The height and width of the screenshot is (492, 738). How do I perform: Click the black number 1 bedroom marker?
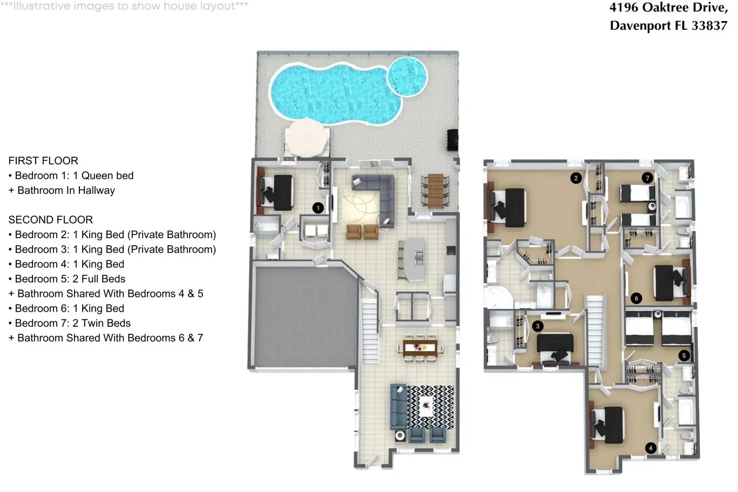318,208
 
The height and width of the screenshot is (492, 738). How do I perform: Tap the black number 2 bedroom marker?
576,178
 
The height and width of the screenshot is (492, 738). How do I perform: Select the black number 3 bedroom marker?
538,326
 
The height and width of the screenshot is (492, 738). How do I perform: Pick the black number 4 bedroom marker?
650,448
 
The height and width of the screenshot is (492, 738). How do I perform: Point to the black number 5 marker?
684,355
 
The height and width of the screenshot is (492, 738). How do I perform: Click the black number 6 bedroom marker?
636,298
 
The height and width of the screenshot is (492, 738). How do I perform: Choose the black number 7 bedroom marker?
647,178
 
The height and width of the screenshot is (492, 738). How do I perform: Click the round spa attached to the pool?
407,77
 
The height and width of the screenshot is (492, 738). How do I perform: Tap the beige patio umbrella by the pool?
307,138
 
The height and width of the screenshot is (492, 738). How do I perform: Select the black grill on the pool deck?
452,140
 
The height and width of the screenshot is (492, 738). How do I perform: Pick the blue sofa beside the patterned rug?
399,407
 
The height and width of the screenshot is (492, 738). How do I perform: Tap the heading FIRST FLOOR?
43,161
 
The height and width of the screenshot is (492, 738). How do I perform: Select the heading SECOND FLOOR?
51,220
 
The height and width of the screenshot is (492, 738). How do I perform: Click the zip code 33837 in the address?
709,26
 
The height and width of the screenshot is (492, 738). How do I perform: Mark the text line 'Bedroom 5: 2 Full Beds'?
67,279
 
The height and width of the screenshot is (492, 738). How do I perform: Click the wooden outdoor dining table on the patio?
435,190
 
